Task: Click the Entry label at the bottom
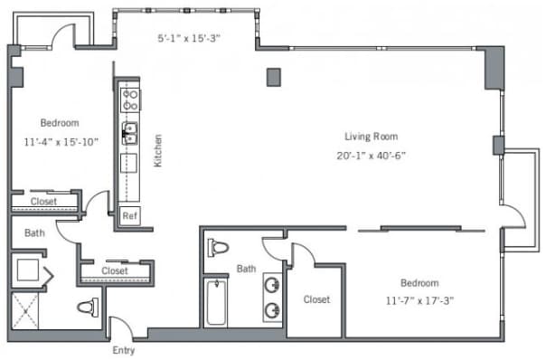(124, 350)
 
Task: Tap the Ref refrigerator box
(130, 215)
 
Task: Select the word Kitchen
(157, 150)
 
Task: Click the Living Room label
(372, 137)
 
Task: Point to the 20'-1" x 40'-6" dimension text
(372, 156)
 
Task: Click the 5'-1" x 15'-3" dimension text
(189, 38)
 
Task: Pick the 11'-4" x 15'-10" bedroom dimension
(61, 142)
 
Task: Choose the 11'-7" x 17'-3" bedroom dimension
(420, 300)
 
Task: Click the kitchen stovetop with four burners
(130, 99)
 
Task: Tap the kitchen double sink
(130, 133)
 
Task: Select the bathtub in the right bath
(216, 302)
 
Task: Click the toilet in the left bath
(88, 308)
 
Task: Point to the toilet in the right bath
(218, 248)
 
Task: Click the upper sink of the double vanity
(272, 285)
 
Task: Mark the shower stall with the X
(25, 311)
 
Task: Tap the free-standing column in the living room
(274, 77)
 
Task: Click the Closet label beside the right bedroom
(316, 299)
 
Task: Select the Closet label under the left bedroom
(43, 202)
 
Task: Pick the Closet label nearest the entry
(115, 270)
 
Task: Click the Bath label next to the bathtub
(246, 269)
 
